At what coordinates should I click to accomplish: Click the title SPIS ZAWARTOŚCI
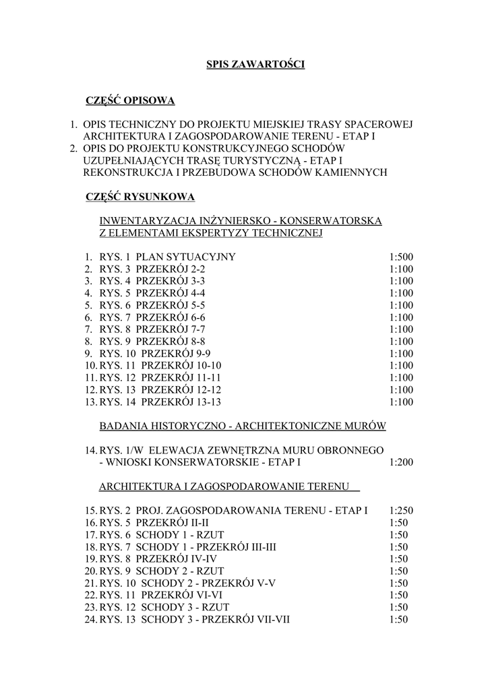click(x=255, y=65)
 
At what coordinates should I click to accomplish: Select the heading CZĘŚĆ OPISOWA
click(x=130, y=101)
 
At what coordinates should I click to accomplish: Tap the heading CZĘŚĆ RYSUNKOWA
click(x=140, y=197)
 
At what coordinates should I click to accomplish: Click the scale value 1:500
click(x=401, y=257)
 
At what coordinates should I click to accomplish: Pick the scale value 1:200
click(x=401, y=462)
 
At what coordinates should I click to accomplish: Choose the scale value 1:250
click(x=401, y=510)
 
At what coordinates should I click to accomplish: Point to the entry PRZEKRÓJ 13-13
click(x=181, y=402)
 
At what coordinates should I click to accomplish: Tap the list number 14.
click(x=90, y=450)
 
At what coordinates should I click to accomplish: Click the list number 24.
click(x=90, y=619)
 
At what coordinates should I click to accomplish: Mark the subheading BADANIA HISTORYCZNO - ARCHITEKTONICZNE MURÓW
click(x=242, y=426)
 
